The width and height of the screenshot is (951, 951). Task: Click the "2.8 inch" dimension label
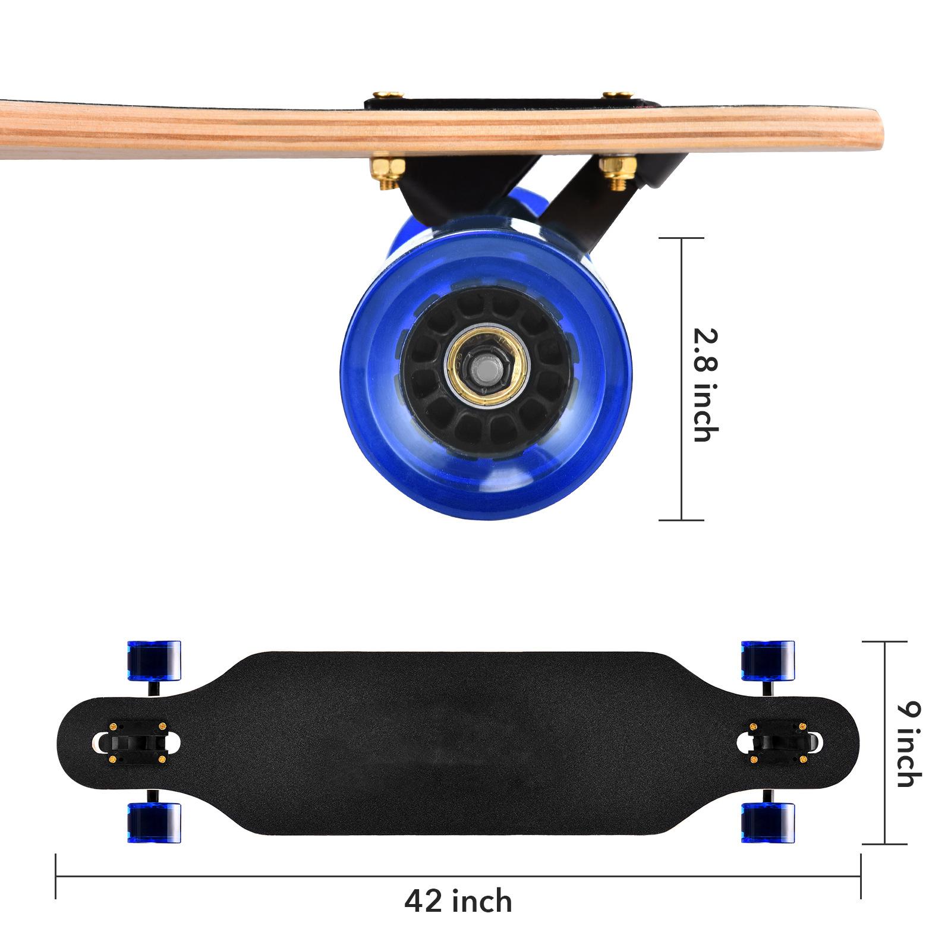click(x=706, y=385)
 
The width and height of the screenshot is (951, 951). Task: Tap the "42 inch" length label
click(x=458, y=901)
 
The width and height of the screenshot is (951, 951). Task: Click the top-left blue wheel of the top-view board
click(x=154, y=660)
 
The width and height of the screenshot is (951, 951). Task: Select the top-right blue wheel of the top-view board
click(x=767, y=660)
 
